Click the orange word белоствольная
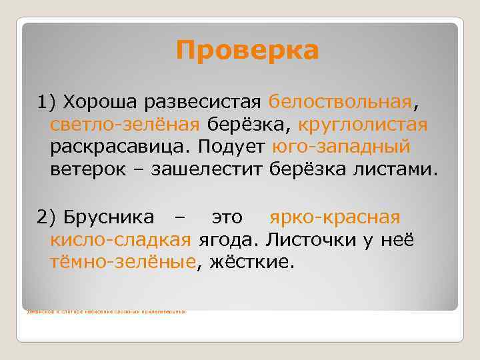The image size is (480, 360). [x=341, y=102]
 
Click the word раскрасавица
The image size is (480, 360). [x=120, y=147]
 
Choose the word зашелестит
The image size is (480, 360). [x=208, y=169]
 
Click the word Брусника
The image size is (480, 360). [x=109, y=217]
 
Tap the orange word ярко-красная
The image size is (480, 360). [x=335, y=217]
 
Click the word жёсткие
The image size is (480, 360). [x=251, y=261]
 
